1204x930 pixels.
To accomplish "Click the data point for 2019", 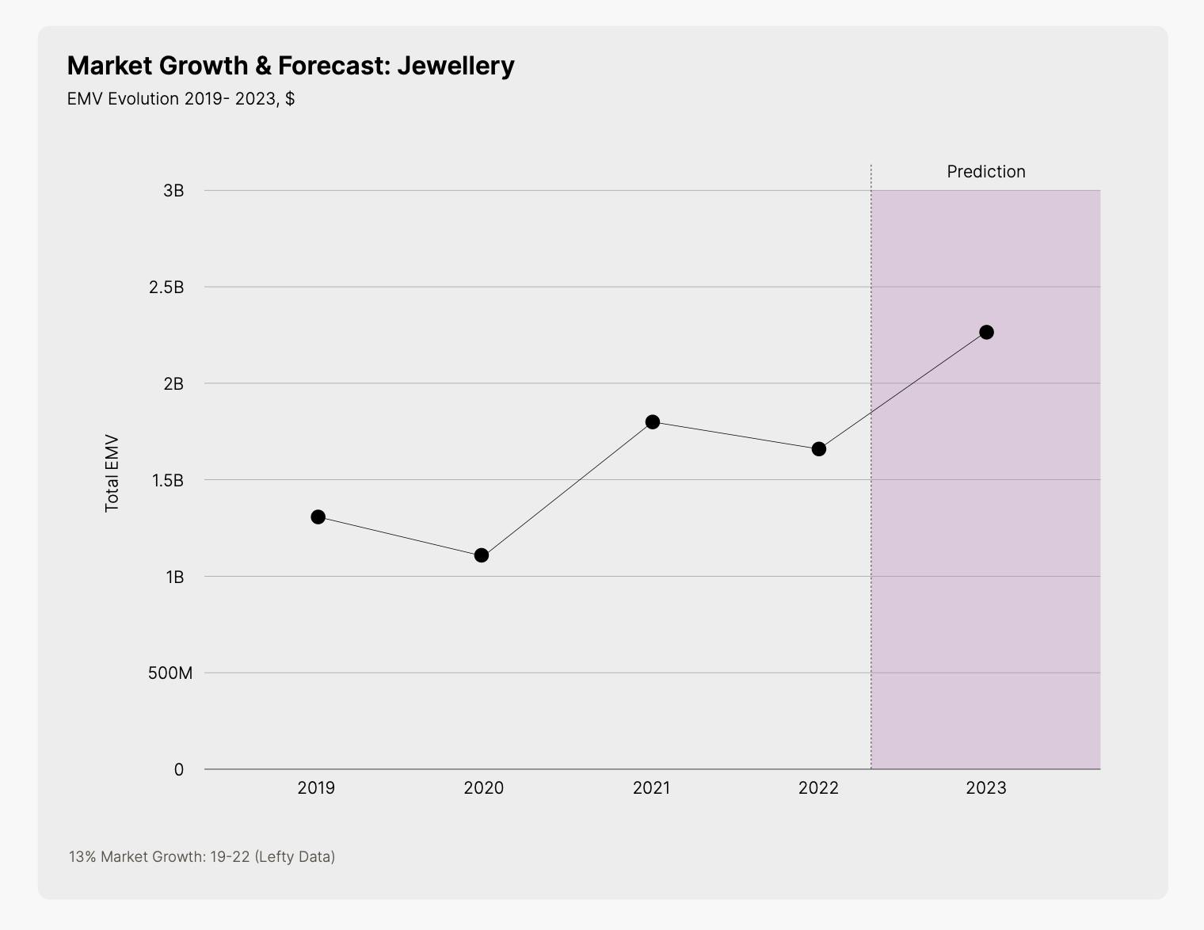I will tap(318, 516).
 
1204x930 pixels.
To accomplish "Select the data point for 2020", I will tap(481, 555).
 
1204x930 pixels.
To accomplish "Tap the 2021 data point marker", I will tap(652, 421).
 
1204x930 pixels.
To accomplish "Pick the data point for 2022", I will tap(818, 448).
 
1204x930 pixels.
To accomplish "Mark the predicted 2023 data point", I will tap(986, 332).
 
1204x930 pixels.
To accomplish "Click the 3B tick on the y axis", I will tap(173, 190).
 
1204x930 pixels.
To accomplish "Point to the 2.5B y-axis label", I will tap(166, 287).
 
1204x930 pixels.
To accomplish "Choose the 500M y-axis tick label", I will tap(170, 673).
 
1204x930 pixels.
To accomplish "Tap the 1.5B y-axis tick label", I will tap(166, 480).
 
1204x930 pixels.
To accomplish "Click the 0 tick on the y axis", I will tap(179, 769).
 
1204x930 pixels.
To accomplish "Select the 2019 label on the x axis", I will tap(316, 787).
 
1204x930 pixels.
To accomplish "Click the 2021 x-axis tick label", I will tap(651, 787).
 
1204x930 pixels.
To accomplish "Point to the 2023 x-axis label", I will tap(986, 787).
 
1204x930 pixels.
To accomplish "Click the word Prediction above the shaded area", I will tap(986, 171).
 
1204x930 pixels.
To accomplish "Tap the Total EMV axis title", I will tap(112, 473).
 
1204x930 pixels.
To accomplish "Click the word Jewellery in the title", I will tap(455, 65).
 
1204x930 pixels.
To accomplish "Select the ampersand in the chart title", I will tap(263, 65).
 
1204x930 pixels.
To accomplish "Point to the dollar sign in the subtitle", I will tap(290, 98).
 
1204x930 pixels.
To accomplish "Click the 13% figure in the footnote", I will tap(82, 856).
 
